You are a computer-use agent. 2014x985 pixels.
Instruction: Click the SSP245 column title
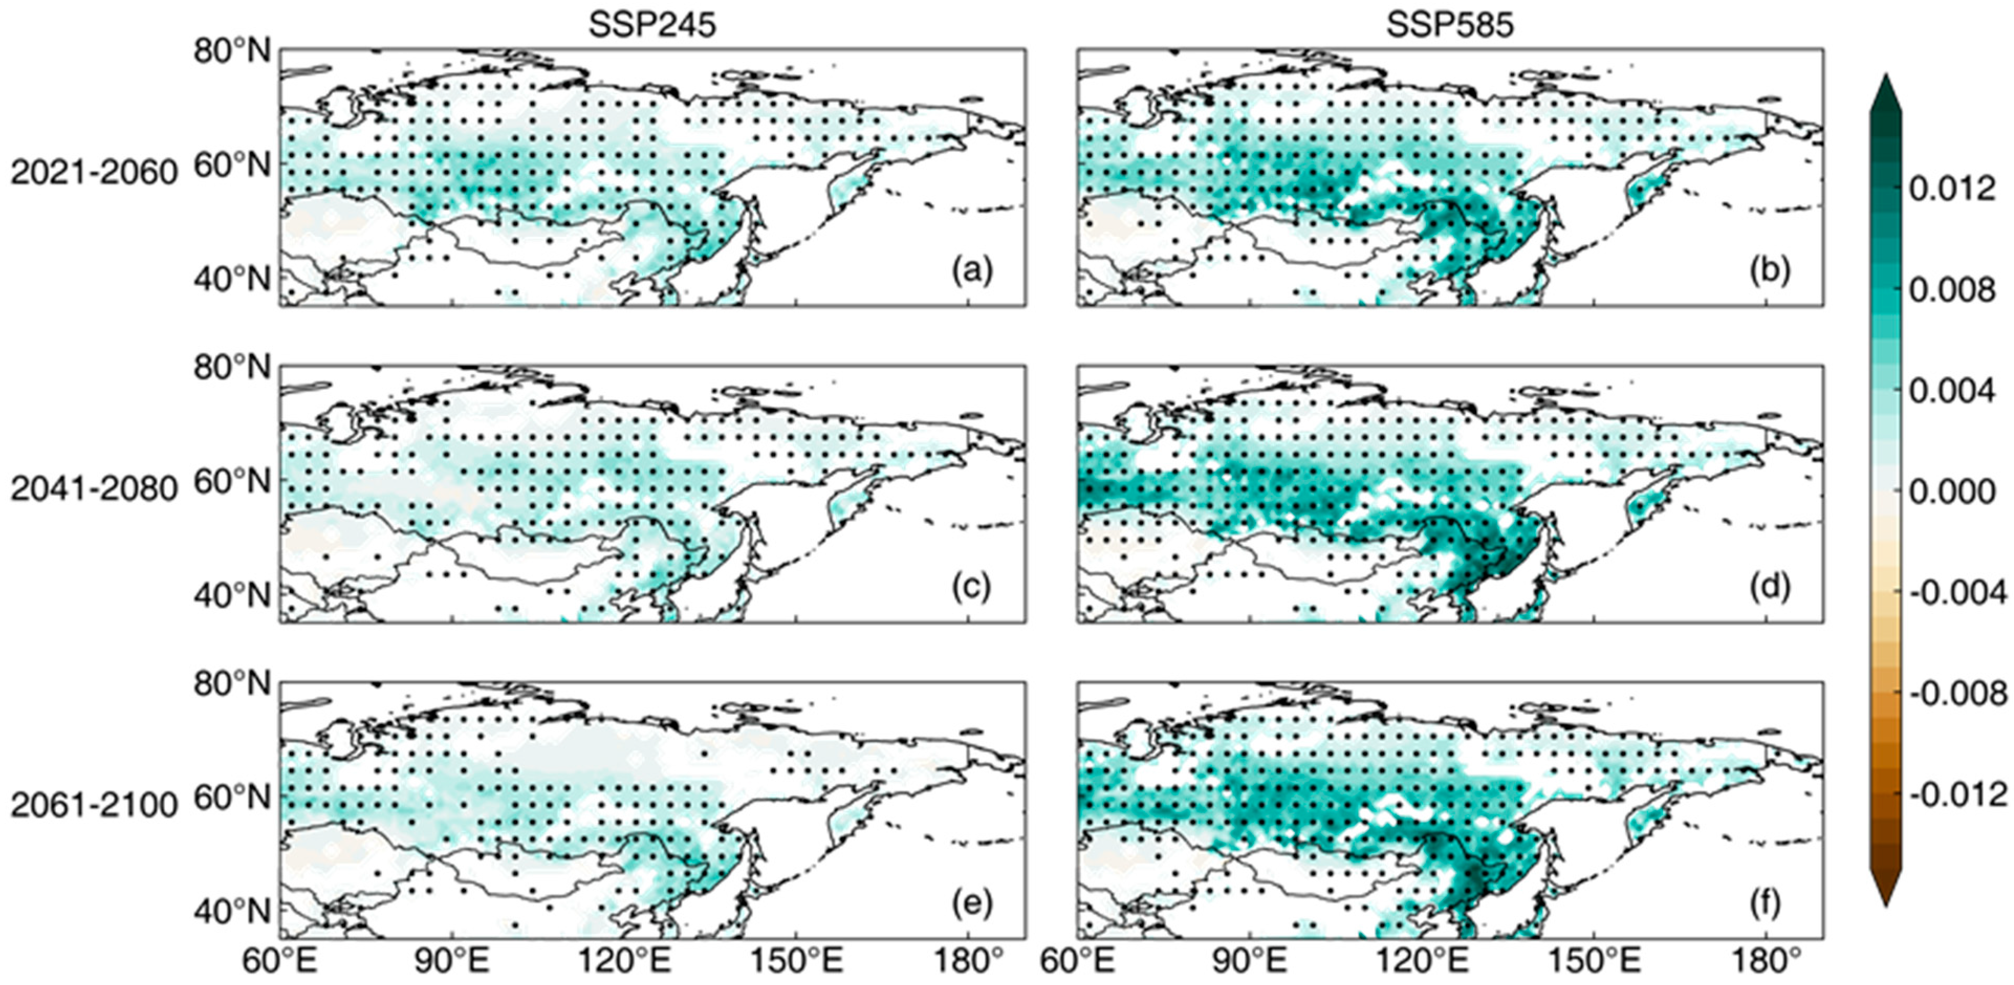[x=652, y=25]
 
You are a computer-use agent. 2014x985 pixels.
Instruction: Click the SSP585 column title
[x=1450, y=25]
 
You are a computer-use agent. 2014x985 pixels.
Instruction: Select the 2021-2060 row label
[x=94, y=172]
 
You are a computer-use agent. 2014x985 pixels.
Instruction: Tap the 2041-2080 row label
[x=94, y=489]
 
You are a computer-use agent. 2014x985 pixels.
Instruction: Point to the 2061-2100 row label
[x=94, y=805]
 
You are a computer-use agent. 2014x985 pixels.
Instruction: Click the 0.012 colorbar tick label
[x=1952, y=189]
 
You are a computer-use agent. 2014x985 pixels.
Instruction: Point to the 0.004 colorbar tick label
[x=1952, y=391]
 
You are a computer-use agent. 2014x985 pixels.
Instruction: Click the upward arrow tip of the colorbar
[x=1885, y=82]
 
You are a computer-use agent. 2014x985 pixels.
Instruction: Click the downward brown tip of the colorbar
[x=1885, y=899]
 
